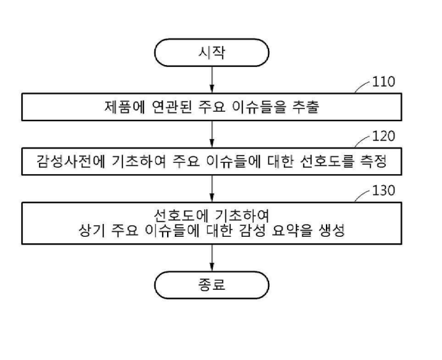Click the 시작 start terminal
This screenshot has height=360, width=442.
pos(212,53)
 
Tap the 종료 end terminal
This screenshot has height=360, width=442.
pos(212,285)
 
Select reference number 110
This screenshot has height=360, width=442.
pos(384,82)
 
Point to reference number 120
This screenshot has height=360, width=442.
pos(384,136)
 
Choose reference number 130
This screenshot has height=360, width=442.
pos(384,190)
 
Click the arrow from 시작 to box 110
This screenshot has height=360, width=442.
pos(212,80)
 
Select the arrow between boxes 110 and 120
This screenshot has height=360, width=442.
pos(212,134)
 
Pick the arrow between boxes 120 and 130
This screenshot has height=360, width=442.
pos(212,189)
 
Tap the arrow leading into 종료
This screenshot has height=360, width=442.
pos(212,258)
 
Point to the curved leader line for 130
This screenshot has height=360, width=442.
pos(361,195)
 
